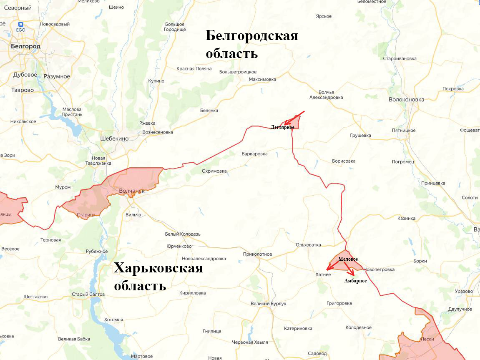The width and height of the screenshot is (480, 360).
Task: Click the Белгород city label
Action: point(26,46)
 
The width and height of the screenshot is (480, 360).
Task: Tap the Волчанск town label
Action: point(131,191)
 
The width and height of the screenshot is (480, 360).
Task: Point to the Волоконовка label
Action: point(406,100)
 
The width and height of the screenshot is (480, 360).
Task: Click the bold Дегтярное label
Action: point(282,127)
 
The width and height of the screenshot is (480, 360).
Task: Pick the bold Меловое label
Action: point(348,259)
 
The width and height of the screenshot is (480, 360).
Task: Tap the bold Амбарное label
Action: point(355,281)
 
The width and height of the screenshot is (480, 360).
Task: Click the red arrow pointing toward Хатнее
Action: point(333,265)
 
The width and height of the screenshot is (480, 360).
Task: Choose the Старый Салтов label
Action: point(88,295)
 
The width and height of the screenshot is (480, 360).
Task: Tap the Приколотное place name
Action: point(257,254)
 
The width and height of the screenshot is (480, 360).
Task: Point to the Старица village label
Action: point(86,215)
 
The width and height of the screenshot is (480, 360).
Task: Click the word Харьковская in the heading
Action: point(158,268)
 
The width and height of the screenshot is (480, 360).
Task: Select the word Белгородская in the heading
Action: point(252,36)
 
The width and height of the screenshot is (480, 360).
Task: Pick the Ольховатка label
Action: point(308,244)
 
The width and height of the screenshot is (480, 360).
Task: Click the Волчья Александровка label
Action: point(326,95)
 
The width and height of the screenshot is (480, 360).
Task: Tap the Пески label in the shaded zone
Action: point(427,339)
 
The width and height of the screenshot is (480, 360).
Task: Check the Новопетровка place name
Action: point(379,269)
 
